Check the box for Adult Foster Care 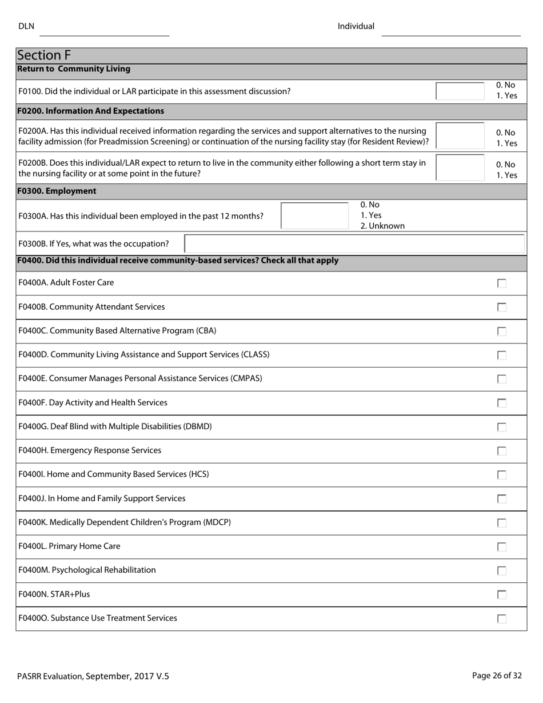click(x=501, y=283)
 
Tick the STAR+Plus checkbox click(x=501, y=594)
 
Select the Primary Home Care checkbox click(x=501, y=547)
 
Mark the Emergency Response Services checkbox click(x=501, y=451)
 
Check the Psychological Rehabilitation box click(x=501, y=570)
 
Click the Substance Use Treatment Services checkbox click(x=501, y=618)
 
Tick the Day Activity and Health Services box click(x=501, y=403)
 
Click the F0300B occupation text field click(x=354, y=243)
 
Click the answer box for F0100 click(x=460, y=91)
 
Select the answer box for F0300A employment click(x=315, y=216)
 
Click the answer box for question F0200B click(x=460, y=167)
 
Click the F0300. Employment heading click(x=57, y=191)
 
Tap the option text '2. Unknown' click(x=382, y=226)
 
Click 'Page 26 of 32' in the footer click(x=497, y=676)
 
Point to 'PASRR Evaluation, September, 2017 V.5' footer click(x=93, y=676)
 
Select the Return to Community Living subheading click(x=74, y=69)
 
